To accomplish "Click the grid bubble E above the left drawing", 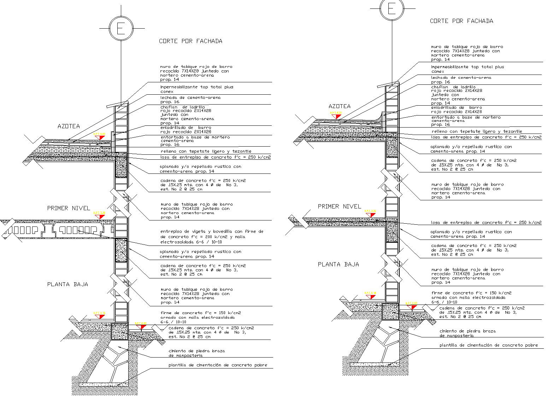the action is pos(121,28).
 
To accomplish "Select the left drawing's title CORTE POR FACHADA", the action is pos(190,41).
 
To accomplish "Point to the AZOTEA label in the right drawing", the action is pos(339,106).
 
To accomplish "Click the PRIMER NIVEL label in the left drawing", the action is pos(69,208).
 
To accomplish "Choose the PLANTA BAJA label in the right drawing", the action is pos(338,264).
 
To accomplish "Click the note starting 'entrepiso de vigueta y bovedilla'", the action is pos(212,237).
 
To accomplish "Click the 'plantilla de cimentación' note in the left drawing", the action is pos(217,365).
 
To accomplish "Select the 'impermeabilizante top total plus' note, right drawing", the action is pos(467,69).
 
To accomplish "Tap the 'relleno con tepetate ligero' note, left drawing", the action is pos(206,151).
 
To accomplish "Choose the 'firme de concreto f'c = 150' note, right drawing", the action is pos(471,297).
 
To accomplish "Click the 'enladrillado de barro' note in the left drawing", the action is pos(186,130).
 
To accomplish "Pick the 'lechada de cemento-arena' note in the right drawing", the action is pos(461,79).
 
